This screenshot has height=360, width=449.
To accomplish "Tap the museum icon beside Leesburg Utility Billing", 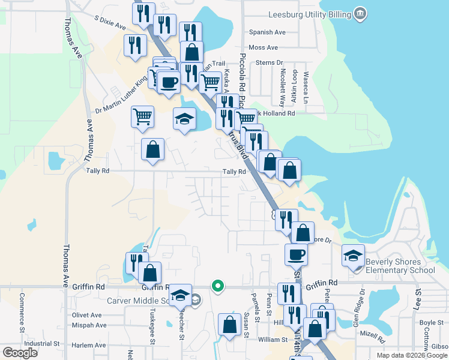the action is [x=360, y=13].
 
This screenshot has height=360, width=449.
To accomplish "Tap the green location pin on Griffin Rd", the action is [x=219, y=286].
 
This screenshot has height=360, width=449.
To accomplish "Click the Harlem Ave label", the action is [x=88, y=345].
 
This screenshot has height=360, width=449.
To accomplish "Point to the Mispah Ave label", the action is [x=88, y=325].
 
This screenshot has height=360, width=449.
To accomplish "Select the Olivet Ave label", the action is [x=86, y=315].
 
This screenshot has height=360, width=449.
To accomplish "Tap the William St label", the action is [x=273, y=339].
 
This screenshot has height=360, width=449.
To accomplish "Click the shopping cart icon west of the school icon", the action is [x=143, y=116].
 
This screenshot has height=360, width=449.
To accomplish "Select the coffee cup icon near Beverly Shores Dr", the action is [x=296, y=254].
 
